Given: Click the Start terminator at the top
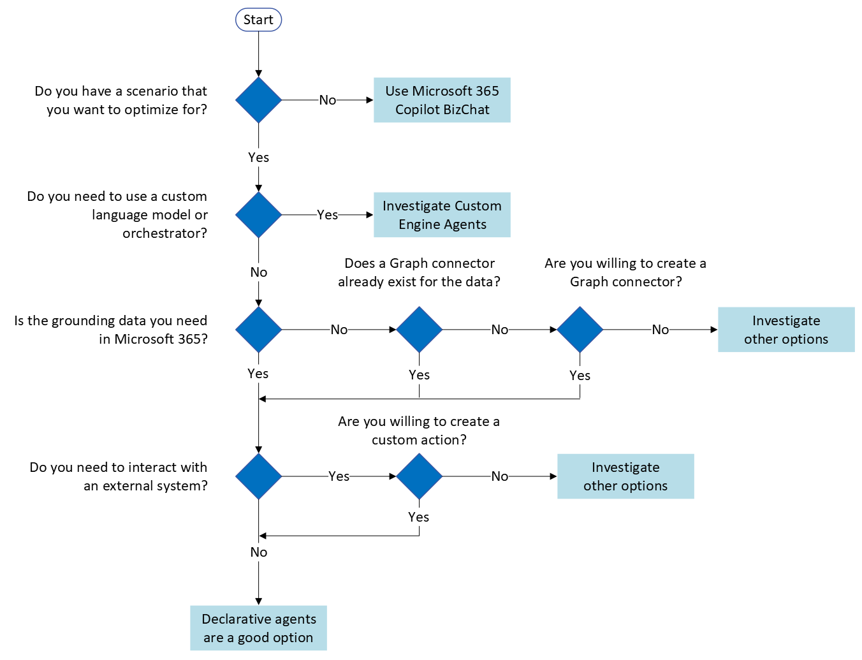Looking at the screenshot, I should click(258, 20).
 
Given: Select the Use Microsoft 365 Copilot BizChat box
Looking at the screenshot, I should click(442, 100).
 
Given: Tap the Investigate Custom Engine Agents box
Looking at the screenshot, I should click(442, 215).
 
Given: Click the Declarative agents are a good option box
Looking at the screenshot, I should click(258, 628).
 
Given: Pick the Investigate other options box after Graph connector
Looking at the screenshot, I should click(786, 330).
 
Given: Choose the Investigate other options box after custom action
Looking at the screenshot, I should click(625, 476).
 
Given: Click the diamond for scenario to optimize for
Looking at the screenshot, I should click(258, 100).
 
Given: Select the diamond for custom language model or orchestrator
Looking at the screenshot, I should click(258, 215).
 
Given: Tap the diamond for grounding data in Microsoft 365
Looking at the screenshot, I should click(258, 330).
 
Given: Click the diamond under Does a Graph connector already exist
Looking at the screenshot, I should click(419, 330).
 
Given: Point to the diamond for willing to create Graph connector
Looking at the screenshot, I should click(580, 330).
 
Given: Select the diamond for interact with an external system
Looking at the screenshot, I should click(258, 476).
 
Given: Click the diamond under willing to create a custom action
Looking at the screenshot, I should click(419, 476).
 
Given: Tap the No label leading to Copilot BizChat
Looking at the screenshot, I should click(328, 100).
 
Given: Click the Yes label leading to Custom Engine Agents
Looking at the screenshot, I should click(328, 215).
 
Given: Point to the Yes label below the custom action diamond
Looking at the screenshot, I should click(419, 517).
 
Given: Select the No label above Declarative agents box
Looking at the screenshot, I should click(258, 552).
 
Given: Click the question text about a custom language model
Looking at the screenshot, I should click(117, 215).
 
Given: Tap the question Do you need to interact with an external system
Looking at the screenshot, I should click(119, 476).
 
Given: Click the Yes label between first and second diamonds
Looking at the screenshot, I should click(258, 158).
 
